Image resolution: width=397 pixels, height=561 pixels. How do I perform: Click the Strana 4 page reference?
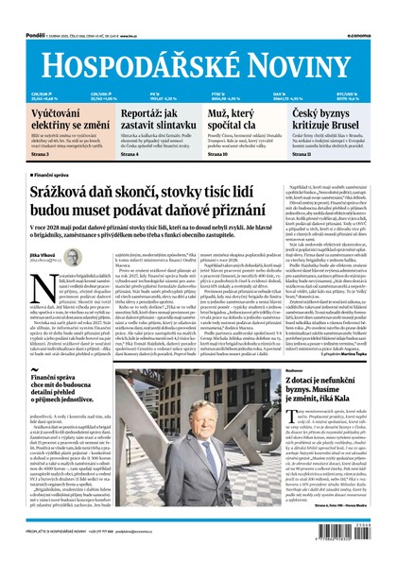[109, 155]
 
